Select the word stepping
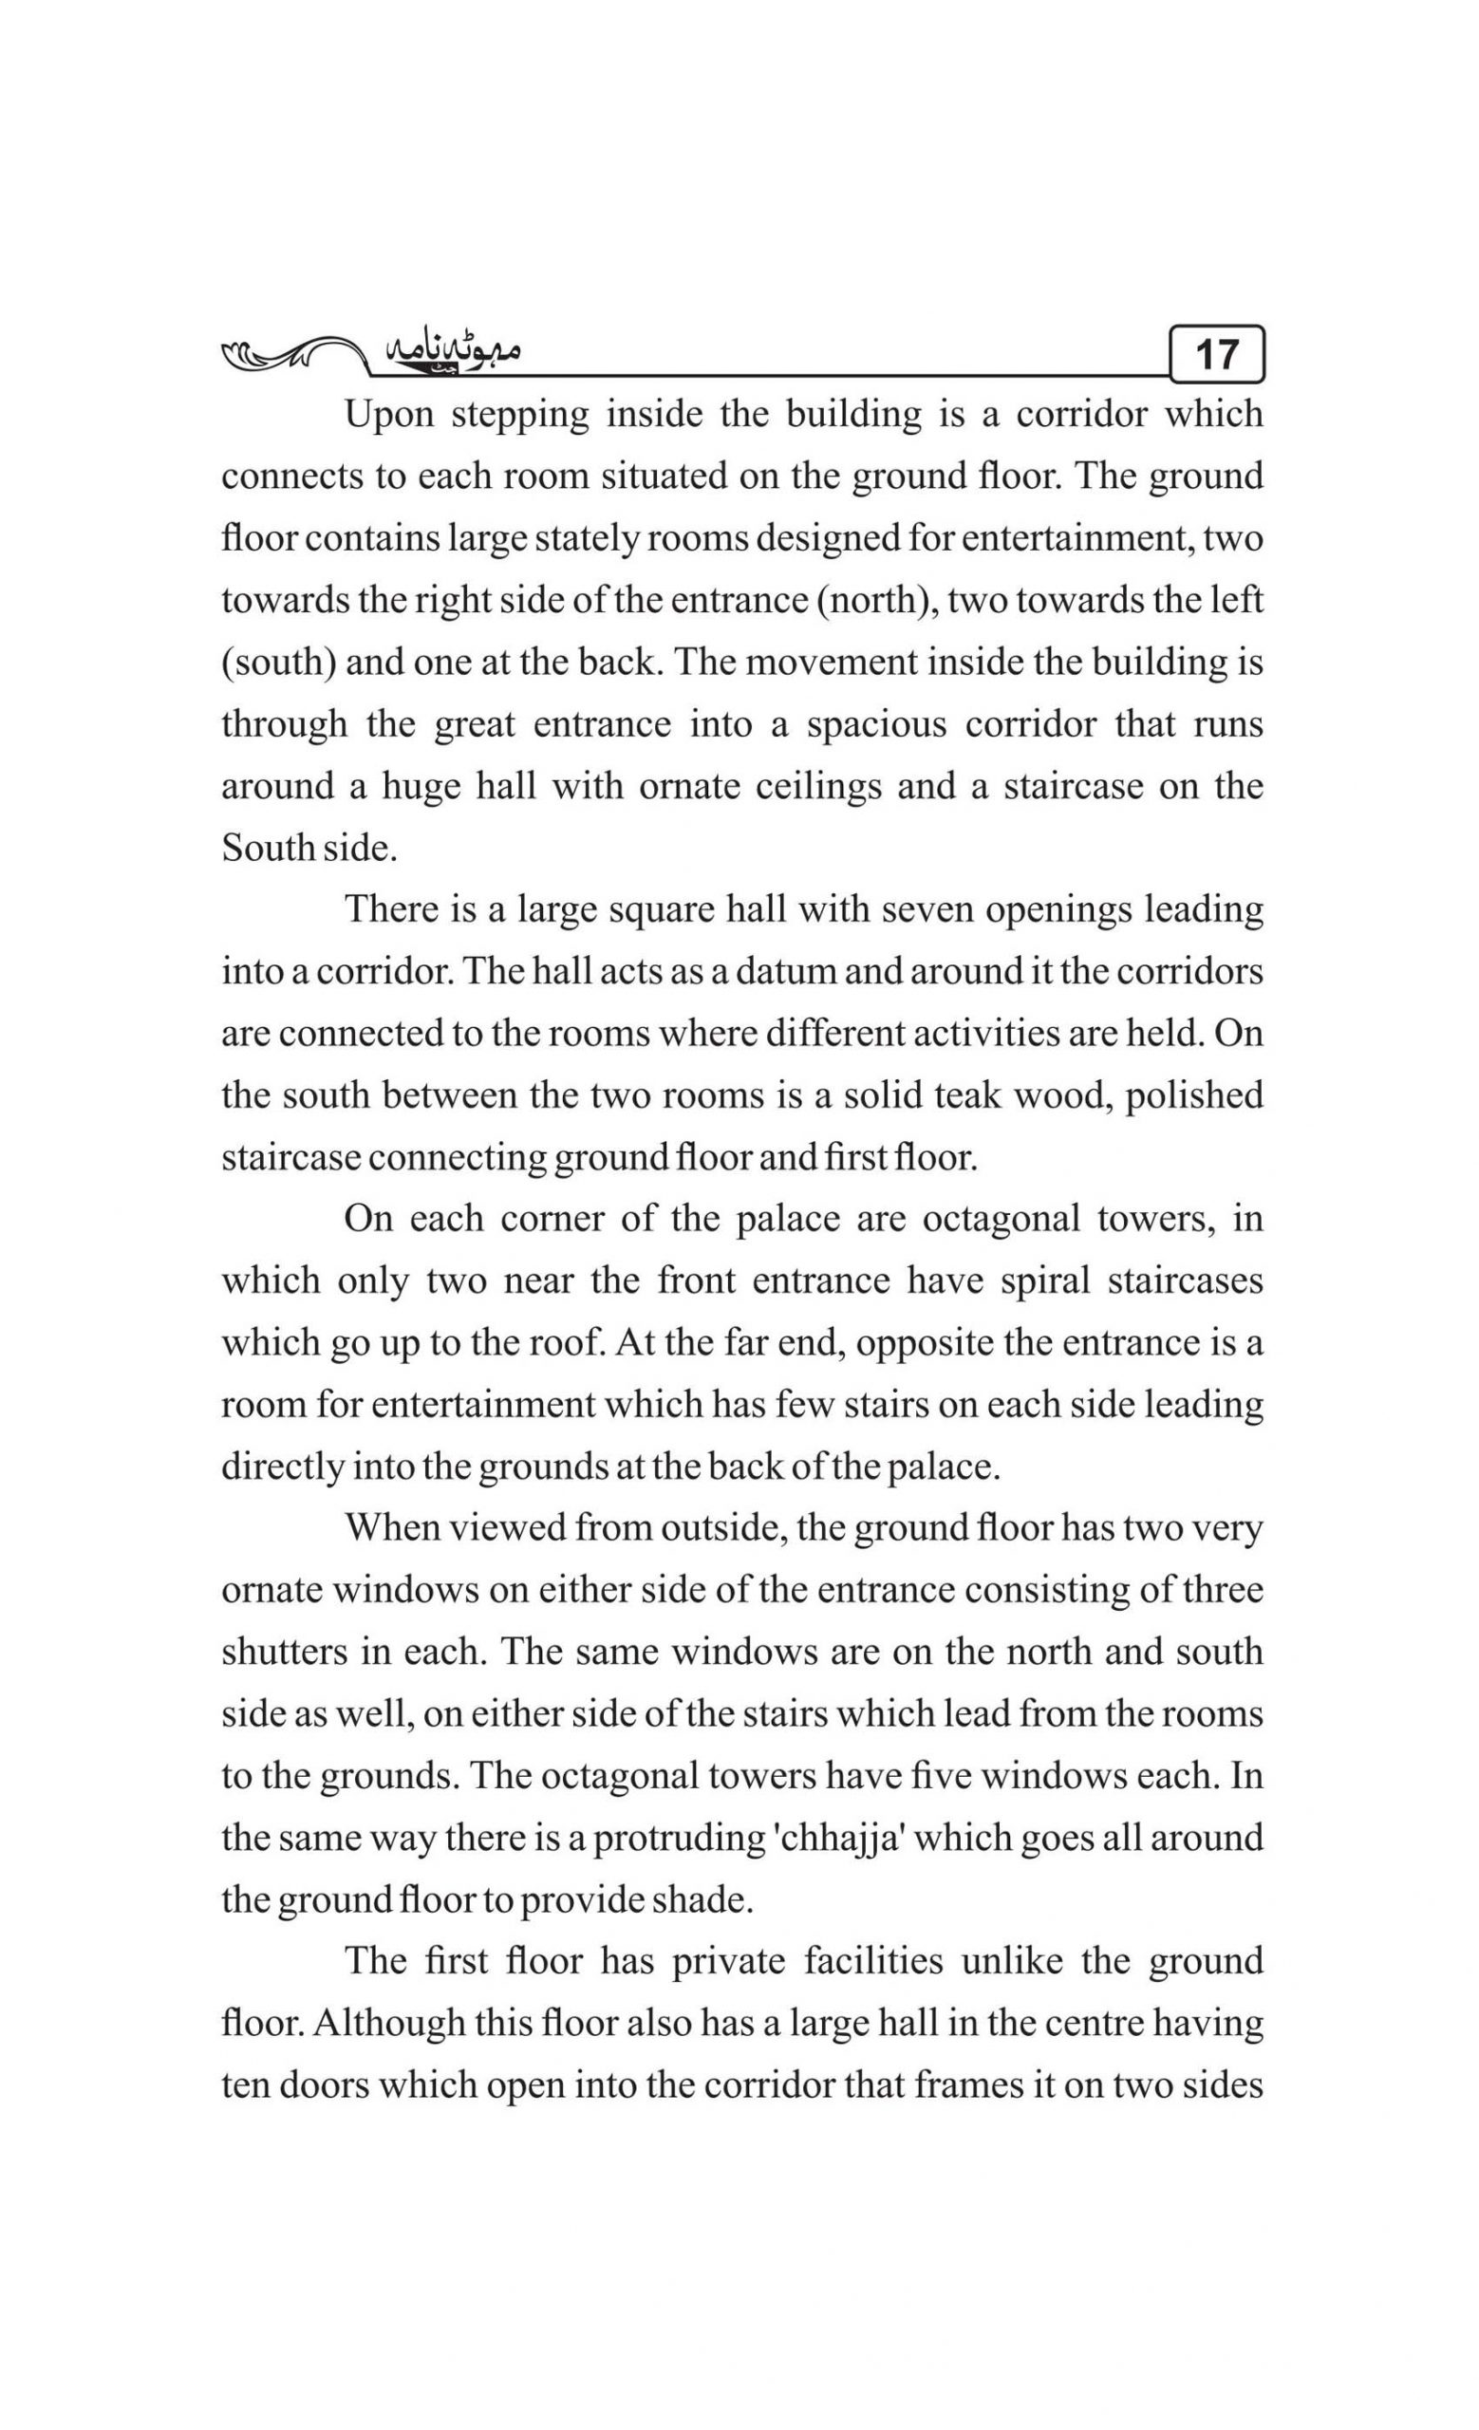[x=519, y=415]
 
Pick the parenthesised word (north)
[x=875, y=601]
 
